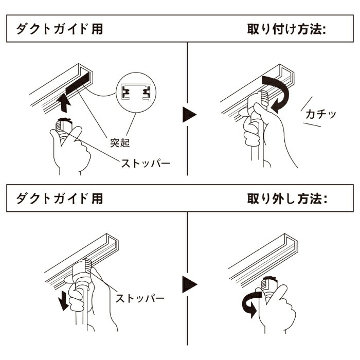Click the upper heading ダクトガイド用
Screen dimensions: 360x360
click(60, 29)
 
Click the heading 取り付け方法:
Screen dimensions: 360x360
click(287, 29)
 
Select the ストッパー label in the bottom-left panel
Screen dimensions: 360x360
click(140, 298)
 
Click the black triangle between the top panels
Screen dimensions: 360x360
click(190, 114)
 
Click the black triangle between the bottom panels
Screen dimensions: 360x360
click(190, 283)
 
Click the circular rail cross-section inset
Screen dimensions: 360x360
click(135, 93)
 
